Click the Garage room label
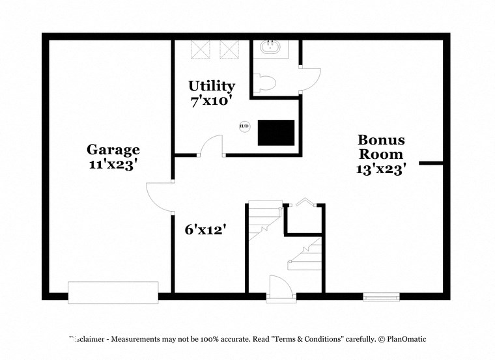(x=113, y=150)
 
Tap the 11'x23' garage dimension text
(x=112, y=165)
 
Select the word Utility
(x=212, y=85)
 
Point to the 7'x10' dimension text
(x=211, y=101)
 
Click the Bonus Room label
(x=381, y=147)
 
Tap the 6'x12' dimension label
(x=204, y=229)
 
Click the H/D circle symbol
(x=244, y=126)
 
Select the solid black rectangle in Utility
(x=276, y=132)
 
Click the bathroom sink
(x=268, y=48)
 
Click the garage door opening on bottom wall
(x=113, y=292)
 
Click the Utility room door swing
(x=210, y=146)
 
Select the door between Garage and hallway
(x=160, y=196)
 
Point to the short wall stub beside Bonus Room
(x=431, y=163)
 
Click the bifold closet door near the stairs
(x=304, y=203)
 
